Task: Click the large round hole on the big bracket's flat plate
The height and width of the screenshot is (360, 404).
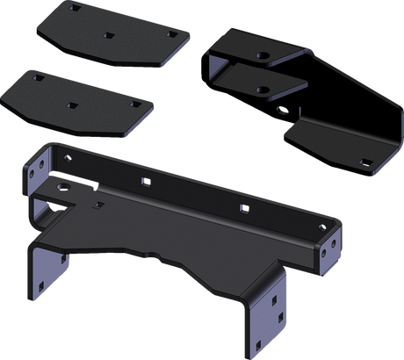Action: [x=61, y=185]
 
